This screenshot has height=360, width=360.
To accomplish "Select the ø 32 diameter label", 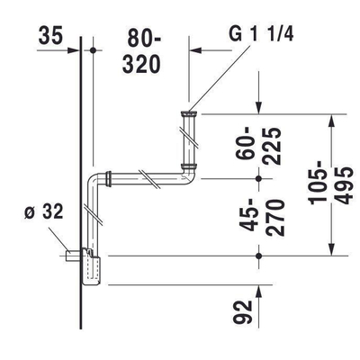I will [43, 213].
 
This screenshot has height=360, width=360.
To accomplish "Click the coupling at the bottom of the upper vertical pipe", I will [189, 167].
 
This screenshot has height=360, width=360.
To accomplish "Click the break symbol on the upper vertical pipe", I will [189, 140].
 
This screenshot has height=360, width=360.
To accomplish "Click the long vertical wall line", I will [82, 180].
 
